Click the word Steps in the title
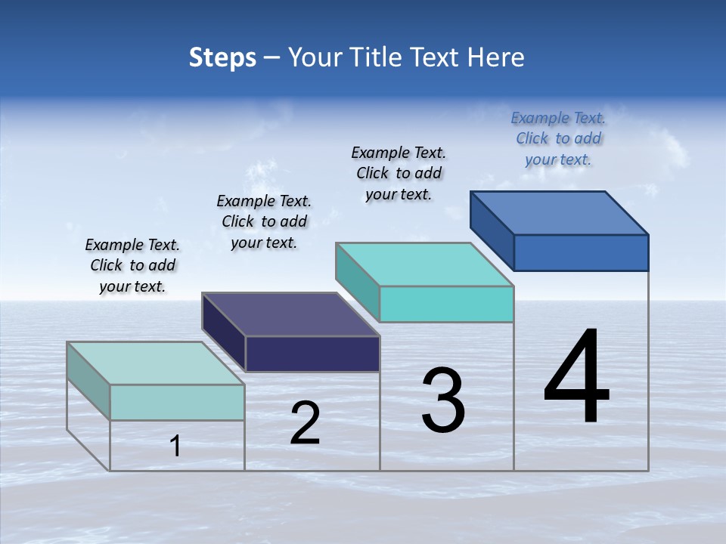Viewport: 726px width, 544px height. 222,57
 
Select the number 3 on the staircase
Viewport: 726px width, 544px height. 443,400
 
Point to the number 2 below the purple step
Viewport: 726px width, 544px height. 306,423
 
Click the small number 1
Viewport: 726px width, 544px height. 175,446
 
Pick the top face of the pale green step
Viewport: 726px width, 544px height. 156,363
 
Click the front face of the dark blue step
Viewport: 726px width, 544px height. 581,252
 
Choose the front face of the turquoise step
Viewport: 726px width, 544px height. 446,304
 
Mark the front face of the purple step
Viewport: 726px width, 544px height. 312,354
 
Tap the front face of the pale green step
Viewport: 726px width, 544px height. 177,402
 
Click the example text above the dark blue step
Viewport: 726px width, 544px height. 558,138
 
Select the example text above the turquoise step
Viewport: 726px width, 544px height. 399,173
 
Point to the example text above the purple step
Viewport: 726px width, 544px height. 264,221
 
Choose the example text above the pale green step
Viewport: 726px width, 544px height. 132,265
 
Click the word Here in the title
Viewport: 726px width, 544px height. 496,57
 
